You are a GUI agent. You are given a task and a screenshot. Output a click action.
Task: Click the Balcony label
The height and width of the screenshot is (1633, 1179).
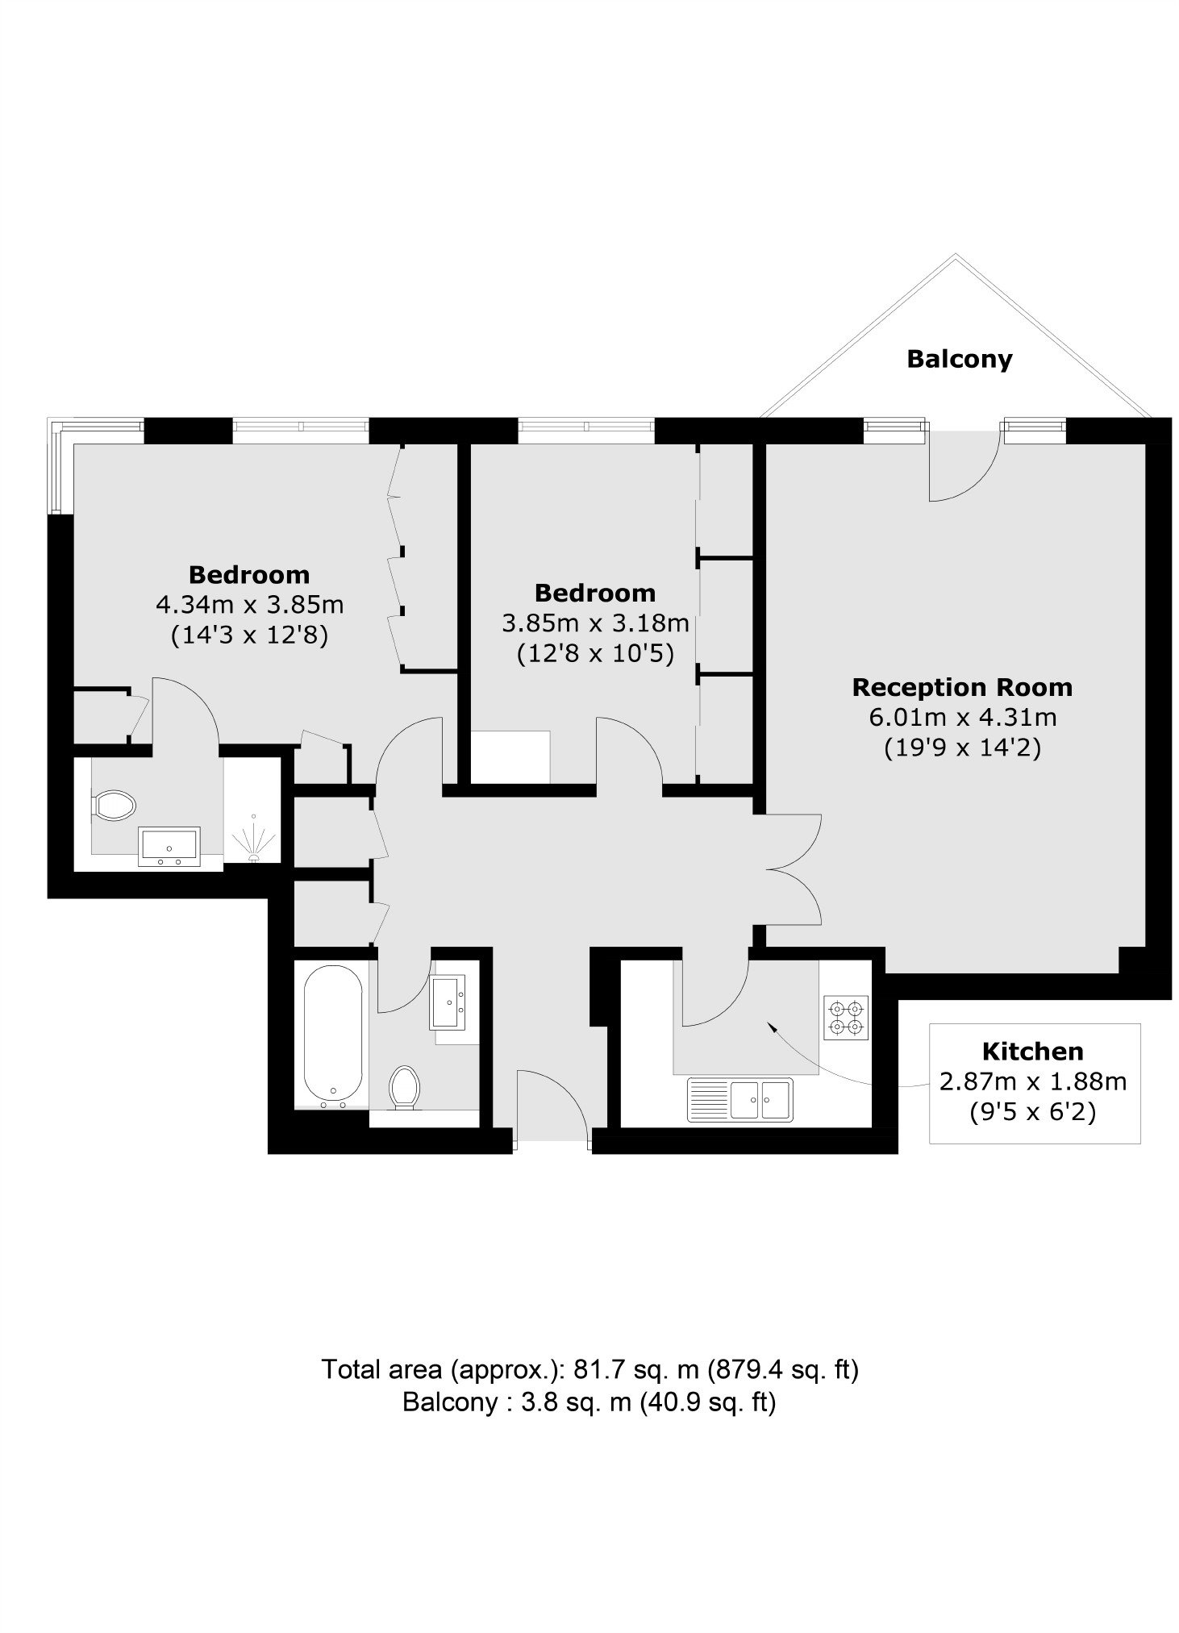coord(959,359)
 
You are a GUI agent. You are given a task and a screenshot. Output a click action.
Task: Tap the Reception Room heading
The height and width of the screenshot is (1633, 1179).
coord(962,687)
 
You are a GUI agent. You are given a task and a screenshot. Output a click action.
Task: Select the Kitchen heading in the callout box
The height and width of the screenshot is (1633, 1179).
coord(1032,1051)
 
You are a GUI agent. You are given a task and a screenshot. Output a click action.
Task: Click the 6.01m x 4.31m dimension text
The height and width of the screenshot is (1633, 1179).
coord(963,717)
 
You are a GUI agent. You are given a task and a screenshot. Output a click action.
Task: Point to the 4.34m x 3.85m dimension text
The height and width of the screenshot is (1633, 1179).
coord(250,604)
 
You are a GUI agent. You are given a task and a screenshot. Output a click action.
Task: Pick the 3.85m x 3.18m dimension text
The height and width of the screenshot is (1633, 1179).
coord(596,623)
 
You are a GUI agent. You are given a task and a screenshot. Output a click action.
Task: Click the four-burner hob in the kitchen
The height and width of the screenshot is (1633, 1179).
coord(846,1018)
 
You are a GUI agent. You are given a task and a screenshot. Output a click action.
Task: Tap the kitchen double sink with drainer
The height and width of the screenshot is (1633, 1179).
coord(740,1100)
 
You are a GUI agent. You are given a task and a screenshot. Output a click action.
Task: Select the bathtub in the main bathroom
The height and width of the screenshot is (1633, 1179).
coord(333,1035)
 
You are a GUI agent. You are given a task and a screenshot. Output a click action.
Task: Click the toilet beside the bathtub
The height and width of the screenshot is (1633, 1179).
coord(405,1087)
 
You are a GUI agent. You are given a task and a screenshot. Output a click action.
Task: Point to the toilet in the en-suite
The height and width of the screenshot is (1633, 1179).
coord(114,805)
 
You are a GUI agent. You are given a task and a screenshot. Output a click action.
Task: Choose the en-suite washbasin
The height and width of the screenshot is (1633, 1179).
coord(169,847)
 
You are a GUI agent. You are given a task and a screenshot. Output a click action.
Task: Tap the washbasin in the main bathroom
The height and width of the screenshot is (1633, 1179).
coord(449,1002)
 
